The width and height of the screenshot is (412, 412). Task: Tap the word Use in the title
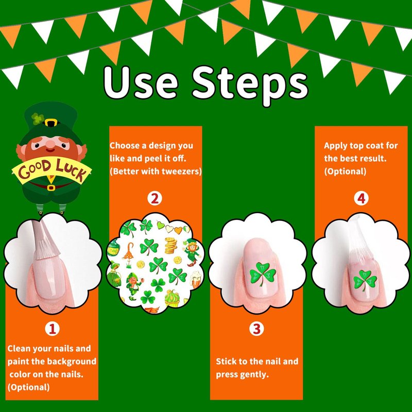click(x=141, y=82)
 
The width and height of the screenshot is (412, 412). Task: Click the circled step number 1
click(x=52, y=329)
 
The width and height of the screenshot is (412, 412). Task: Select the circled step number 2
click(x=154, y=198)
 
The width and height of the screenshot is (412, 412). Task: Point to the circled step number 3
click(x=256, y=329)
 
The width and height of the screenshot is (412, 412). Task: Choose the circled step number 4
click(x=362, y=198)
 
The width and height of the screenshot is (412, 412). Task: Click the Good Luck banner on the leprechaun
click(x=52, y=170)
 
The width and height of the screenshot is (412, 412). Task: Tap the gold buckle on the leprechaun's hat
click(x=51, y=123)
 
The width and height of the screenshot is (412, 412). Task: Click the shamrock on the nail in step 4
click(x=365, y=280)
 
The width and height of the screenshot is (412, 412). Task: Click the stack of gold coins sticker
click(x=171, y=246)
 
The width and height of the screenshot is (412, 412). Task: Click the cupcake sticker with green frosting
click(x=173, y=298)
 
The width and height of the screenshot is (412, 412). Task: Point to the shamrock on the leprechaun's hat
click(x=38, y=119)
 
